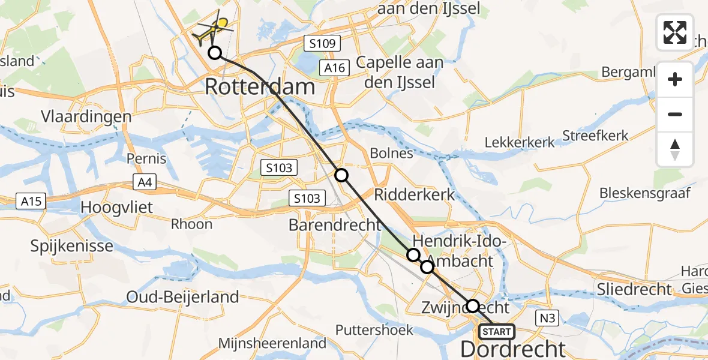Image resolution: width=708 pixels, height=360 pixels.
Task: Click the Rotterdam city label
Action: (x=259, y=86)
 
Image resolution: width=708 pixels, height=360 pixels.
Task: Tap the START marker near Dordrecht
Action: (x=496, y=331)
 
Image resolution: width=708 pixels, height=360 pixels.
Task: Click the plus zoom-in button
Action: (x=675, y=80)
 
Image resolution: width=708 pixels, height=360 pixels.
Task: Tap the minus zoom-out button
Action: (x=675, y=114)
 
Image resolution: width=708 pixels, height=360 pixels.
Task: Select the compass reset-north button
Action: (x=675, y=149)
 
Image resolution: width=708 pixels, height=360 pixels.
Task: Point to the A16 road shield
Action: (x=334, y=68)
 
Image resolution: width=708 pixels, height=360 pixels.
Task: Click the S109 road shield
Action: (x=322, y=43)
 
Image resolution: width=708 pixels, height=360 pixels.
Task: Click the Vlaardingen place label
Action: (x=86, y=116)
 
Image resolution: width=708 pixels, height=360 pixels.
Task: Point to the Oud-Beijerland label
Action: (x=182, y=296)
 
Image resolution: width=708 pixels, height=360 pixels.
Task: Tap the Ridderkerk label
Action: (x=415, y=194)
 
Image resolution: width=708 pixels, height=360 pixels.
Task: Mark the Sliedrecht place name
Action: (x=634, y=289)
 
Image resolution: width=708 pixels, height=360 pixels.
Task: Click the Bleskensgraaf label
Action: (x=645, y=193)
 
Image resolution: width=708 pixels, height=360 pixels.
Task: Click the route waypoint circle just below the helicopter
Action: (x=214, y=53)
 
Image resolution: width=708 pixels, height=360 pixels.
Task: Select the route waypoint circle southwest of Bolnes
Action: (x=341, y=175)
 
